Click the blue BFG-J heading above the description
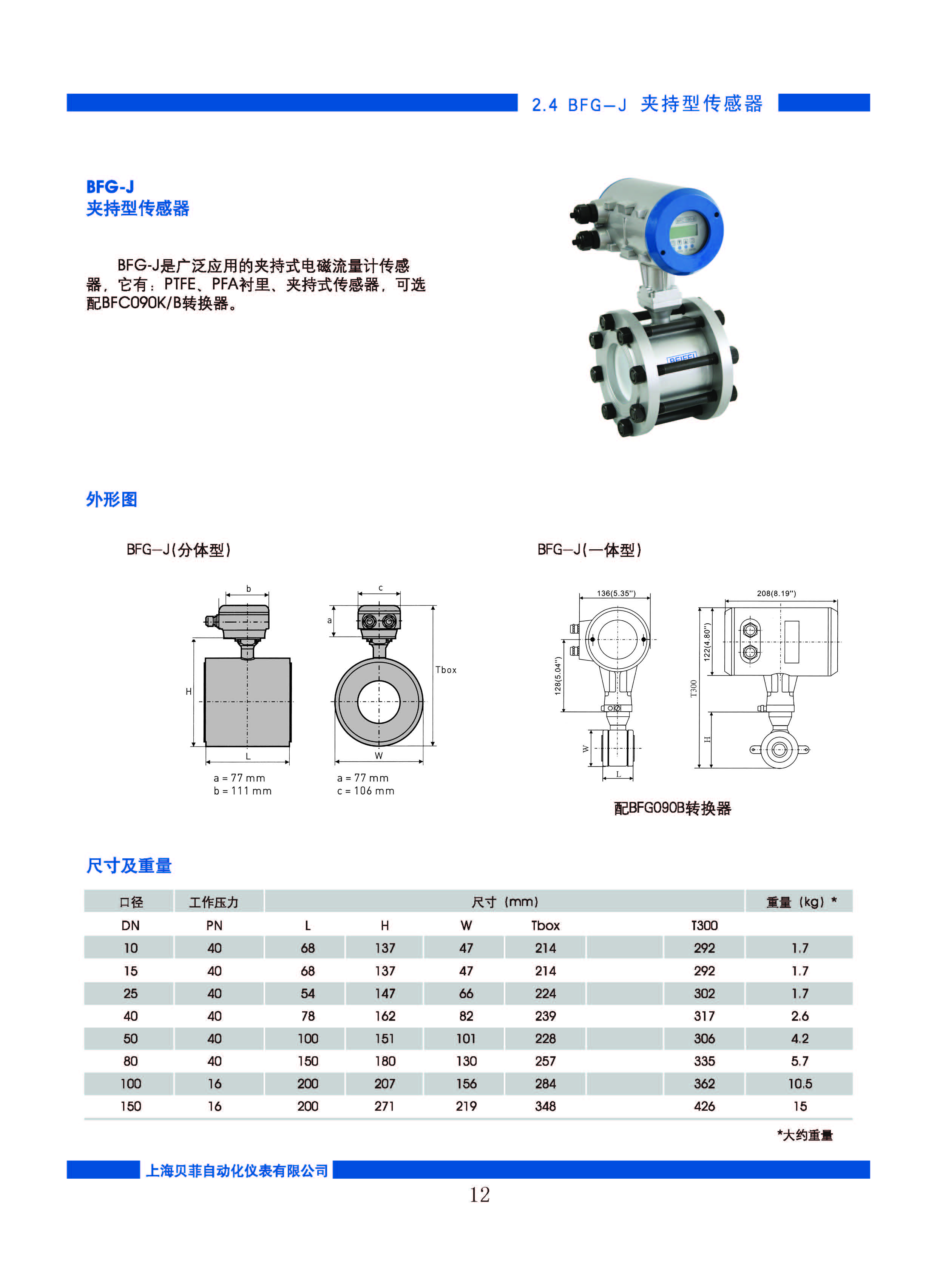pos(110,187)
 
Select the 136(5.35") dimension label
pos(616,593)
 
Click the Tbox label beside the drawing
pos(446,670)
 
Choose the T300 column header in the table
pos(704,925)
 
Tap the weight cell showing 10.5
pos(800,1083)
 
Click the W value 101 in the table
pos(466,1038)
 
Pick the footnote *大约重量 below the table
pos(805,1135)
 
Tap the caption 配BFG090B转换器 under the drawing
pos(673,808)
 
